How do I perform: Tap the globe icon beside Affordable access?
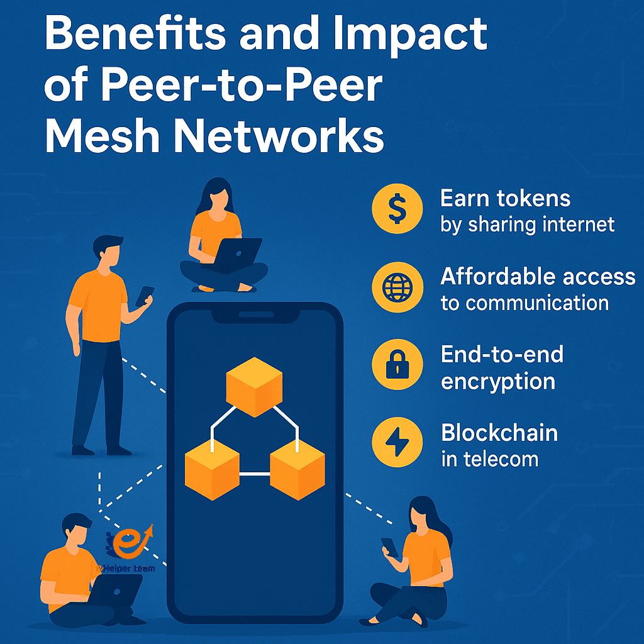pos(397,288)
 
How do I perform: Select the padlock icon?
pos(397,366)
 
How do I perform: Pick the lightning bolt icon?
pos(397,443)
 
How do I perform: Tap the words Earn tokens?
pos(505,199)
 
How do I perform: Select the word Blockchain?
pos(499,433)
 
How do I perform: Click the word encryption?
pos(498,381)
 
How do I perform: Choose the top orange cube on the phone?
pos(254,386)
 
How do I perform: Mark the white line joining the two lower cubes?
pos(254,473)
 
